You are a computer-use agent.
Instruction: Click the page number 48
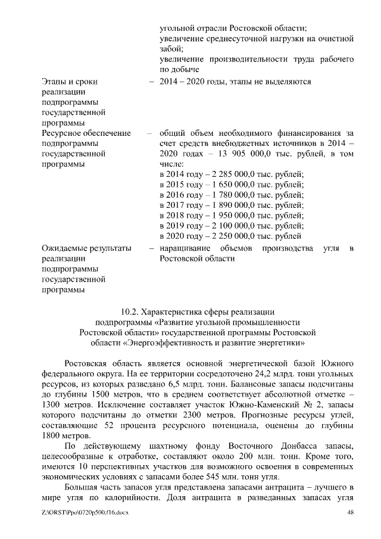(350, 513)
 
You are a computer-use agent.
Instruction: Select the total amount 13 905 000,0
(228, 153)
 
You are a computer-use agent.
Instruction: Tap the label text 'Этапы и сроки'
(70, 81)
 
